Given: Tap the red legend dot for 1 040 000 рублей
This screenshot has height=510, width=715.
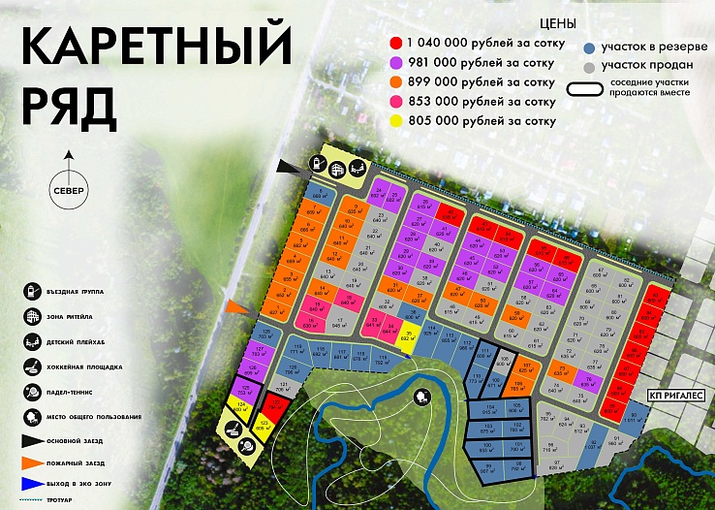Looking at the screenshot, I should (x=396, y=43).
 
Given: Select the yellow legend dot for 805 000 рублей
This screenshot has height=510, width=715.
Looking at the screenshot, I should (x=396, y=121).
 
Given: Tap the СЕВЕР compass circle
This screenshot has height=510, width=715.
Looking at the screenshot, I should (x=69, y=188).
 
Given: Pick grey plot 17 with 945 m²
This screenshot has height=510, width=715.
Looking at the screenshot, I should (x=339, y=324).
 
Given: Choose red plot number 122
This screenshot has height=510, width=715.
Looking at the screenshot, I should (x=276, y=403).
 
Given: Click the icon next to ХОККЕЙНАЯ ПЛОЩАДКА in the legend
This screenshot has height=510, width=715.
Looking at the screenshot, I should (x=33, y=367).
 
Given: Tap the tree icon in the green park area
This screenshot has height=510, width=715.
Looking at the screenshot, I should (x=423, y=396).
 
